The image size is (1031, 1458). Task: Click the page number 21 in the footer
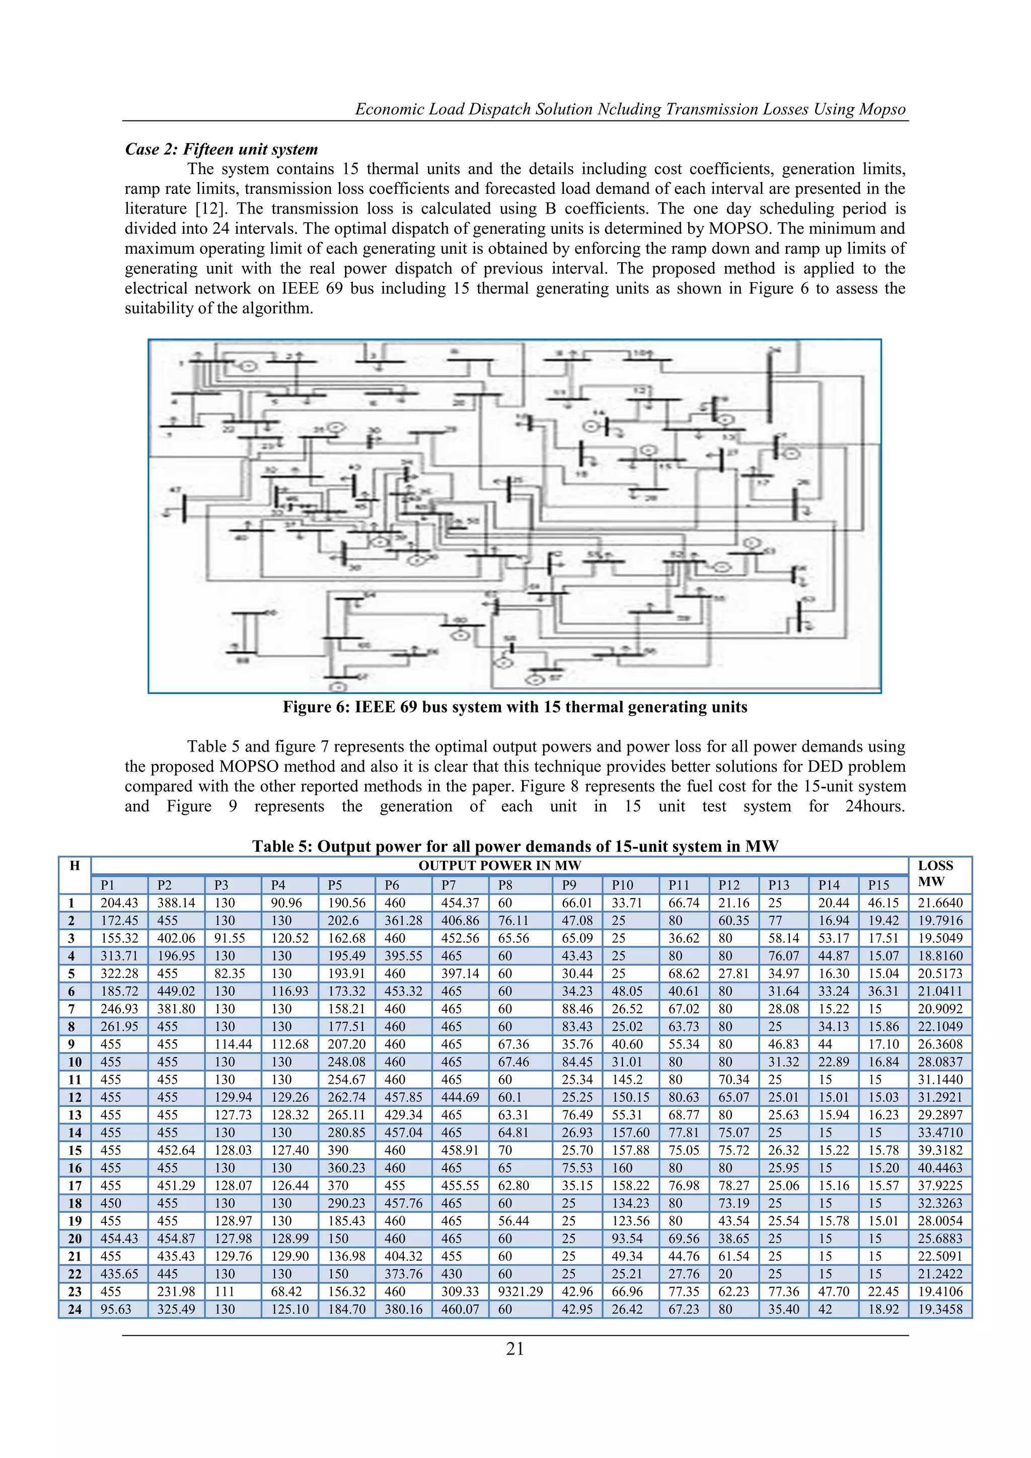click(515, 1349)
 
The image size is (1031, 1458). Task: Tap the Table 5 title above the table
click(515, 846)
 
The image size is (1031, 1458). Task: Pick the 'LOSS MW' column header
click(935, 874)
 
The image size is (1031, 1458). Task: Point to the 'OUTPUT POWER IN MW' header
click(499, 866)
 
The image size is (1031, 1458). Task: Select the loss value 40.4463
click(939, 1168)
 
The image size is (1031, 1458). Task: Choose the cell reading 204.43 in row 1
click(119, 903)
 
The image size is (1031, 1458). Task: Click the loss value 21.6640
click(939, 903)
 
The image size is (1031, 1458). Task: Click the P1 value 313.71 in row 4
click(119, 956)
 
